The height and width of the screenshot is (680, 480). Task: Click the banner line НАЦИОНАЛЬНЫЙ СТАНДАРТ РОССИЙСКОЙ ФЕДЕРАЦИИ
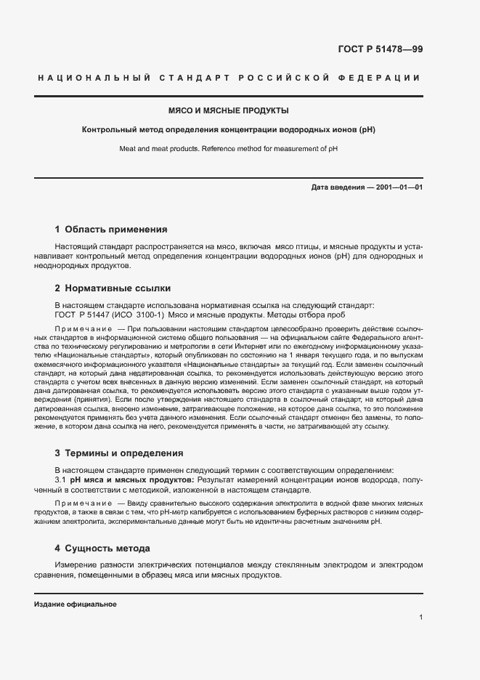click(228, 78)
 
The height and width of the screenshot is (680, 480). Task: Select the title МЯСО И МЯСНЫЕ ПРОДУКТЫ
click(229, 111)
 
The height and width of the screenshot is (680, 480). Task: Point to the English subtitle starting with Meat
click(229, 149)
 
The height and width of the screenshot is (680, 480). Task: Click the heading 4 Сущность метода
click(102, 548)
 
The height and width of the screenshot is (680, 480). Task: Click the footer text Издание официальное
click(76, 604)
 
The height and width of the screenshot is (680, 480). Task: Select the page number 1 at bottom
click(421, 617)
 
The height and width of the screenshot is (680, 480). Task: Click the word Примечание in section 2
click(81, 331)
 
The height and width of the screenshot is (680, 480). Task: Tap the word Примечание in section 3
click(81, 503)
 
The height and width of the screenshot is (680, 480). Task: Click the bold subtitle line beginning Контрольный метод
click(229, 130)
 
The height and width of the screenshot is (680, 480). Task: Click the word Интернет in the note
click(267, 348)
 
